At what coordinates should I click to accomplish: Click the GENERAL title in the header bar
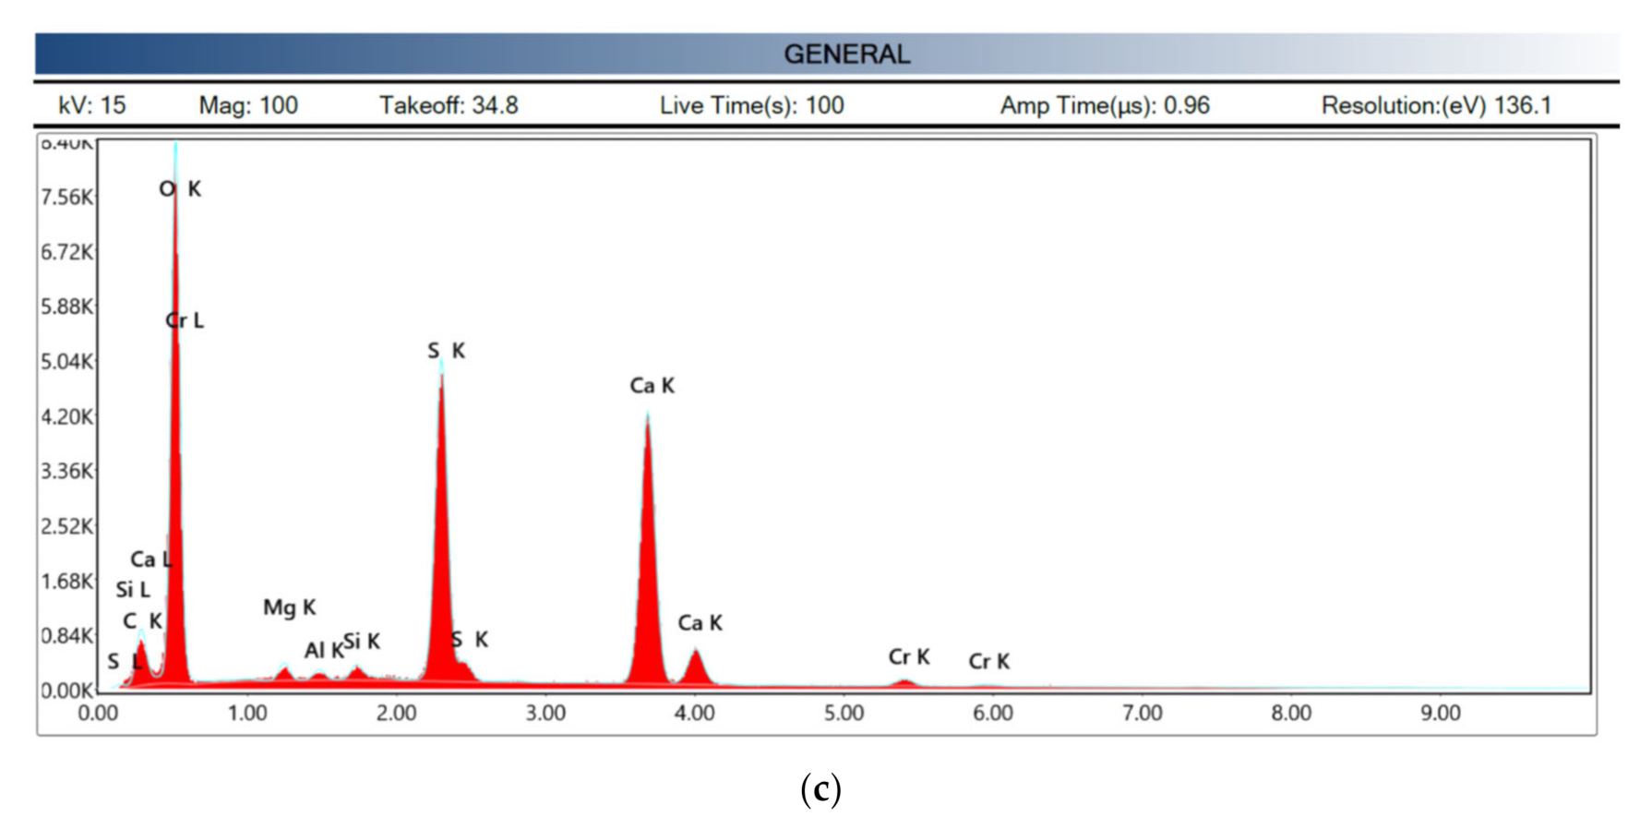[x=846, y=54]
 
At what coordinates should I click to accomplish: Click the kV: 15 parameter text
[x=91, y=105]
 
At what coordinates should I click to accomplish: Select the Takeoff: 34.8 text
[x=449, y=105]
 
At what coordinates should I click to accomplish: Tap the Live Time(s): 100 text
[x=751, y=105]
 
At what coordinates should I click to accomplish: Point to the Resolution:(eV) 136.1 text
[x=1436, y=105]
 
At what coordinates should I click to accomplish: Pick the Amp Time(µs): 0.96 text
[x=1105, y=105]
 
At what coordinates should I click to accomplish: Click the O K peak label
[x=180, y=189]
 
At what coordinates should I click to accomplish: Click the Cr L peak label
[x=185, y=320]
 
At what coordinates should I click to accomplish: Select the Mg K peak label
[x=289, y=607]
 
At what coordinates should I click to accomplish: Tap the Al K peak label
[x=323, y=651]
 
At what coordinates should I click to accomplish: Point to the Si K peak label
[x=362, y=641]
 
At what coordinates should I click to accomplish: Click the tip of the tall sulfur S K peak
[x=441, y=362]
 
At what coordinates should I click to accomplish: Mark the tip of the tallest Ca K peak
[x=648, y=415]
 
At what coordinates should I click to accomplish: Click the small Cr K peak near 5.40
[x=904, y=682]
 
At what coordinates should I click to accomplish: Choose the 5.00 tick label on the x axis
[x=844, y=714]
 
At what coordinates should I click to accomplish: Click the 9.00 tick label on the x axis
[x=1441, y=714]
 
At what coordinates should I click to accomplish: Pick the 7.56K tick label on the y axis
[x=66, y=198]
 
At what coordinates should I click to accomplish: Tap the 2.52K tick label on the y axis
[x=66, y=526]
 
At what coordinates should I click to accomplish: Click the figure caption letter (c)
[x=820, y=789]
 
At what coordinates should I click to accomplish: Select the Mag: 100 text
[x=248, y=105]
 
